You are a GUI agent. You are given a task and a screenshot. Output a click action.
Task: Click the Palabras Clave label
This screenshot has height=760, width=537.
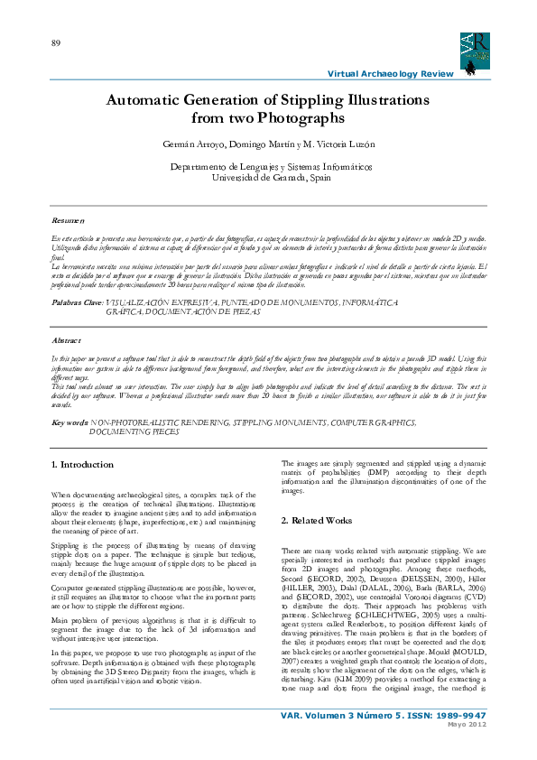(x=78, y=303)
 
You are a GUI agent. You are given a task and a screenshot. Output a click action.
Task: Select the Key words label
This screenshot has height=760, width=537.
(x=69, y=422)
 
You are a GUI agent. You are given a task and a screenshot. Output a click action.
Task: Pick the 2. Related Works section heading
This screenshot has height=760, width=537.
(x=316, y=521)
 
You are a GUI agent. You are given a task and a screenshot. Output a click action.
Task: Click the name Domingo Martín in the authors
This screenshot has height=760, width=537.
(x=255, y=144)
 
